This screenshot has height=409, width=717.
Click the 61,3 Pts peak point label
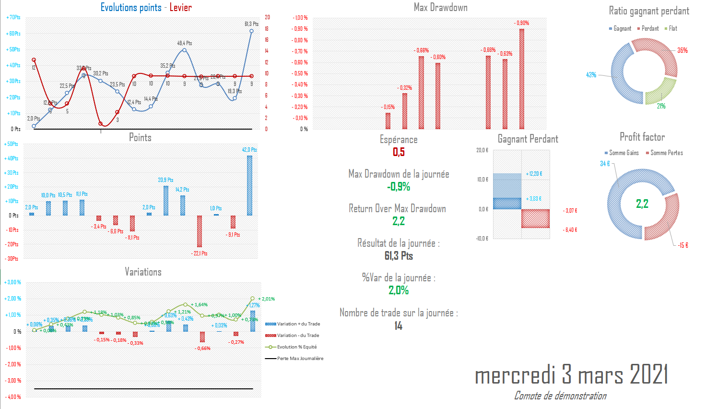point(251,24)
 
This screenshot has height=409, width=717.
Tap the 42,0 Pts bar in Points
point(249,185)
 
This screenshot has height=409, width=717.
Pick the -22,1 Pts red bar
point(200,231)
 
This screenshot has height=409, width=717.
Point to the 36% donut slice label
point(682,50)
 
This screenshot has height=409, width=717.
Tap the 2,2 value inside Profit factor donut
point(642,204)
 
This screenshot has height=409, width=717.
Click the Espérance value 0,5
point(399,152)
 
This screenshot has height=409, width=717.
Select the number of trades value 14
point(398,326)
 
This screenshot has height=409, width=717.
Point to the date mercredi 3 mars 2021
point(571,374)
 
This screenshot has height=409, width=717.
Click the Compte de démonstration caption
point(560,396)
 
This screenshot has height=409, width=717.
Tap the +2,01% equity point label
point(266,299)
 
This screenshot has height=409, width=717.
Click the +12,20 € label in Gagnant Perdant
point(534,174)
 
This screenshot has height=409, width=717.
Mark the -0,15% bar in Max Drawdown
point(388,121)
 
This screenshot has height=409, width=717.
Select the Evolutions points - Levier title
point(146,8)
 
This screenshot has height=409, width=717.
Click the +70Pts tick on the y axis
point(13,17)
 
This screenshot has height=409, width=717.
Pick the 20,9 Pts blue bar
point(166,201)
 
